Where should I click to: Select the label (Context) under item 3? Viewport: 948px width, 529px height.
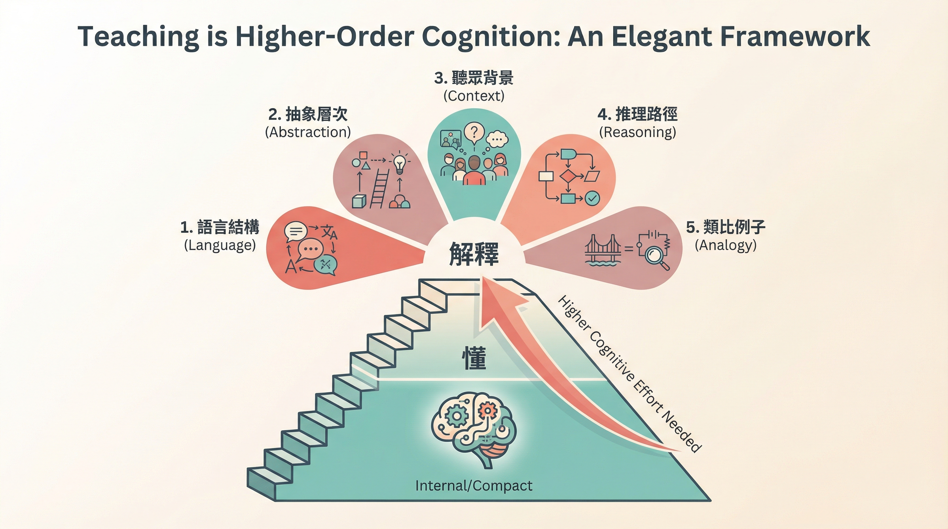click(474, 96)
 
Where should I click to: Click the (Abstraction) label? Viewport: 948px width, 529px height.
click(308, 132)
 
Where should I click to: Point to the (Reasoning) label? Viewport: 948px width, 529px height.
click(637, 132)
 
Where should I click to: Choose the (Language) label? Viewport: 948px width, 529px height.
click(220, 245)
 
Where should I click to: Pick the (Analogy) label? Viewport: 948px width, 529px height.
click(725, 245)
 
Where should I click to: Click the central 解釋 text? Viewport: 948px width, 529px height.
click(474, 254)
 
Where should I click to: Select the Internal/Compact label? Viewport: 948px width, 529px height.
click(474, 486)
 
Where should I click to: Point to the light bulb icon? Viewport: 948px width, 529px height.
click(399, 163)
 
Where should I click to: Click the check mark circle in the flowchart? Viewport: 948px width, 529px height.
click(592, 199)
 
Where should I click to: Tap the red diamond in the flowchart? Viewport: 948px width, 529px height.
click(567, 177)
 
